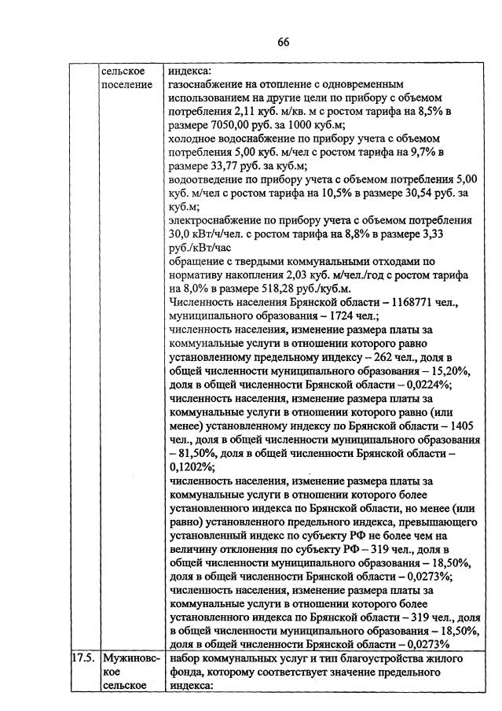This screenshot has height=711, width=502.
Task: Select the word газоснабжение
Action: pyautogui.click(x=207, y=83)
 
